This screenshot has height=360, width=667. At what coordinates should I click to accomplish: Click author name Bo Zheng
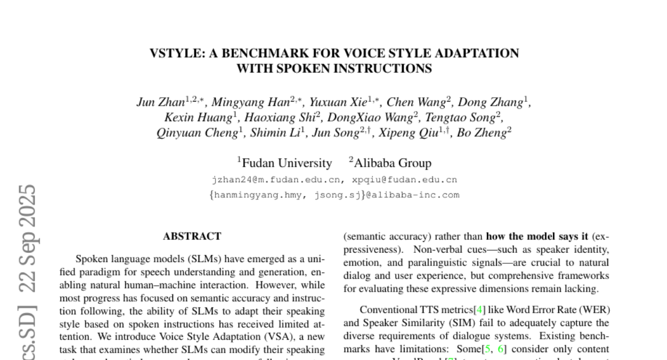[x=481, y=133]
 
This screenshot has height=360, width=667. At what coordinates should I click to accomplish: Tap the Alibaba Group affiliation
[x=392, y=163]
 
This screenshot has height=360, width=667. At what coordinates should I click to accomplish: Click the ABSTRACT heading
[x=192, y=237]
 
